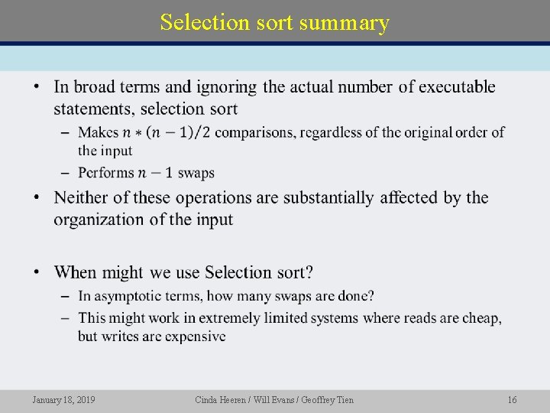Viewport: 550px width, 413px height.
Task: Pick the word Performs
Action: tap(105, 173)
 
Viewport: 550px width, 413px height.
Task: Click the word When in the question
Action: tap(76, 272)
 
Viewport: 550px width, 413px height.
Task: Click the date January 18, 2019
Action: tap(64, 400)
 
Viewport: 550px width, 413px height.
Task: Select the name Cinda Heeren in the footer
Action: tap(220, 400)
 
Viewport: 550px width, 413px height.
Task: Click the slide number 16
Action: tap(513, 400)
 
